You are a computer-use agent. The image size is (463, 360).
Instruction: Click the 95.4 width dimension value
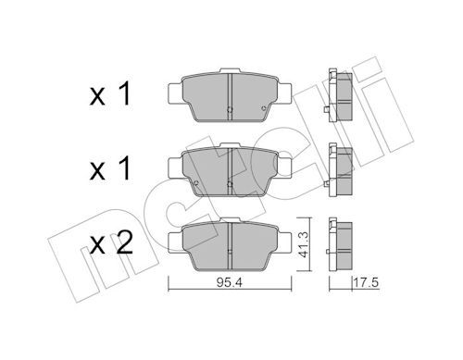(x=230, y=282)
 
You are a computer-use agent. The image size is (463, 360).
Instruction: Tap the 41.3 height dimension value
(x=304, y=245)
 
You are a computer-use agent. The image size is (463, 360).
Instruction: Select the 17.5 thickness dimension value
(x=366, y=282)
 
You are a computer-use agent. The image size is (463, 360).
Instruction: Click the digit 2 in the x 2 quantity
(x=123, y=242)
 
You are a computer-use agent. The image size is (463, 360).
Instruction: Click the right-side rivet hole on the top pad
(x=263, y=108)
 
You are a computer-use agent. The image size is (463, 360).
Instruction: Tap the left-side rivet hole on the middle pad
(x=195, y=183)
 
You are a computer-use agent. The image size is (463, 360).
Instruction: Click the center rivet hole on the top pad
(x=230, y=109)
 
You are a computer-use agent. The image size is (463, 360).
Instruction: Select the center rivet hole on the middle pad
(x=230, y=184)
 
